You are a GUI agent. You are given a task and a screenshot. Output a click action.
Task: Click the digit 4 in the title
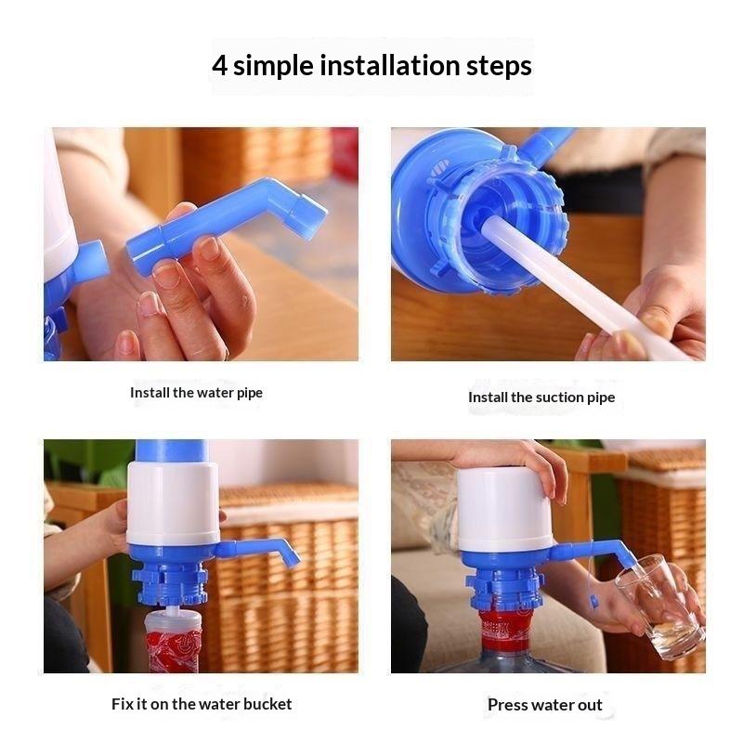219,65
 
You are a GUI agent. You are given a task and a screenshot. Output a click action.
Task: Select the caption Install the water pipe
196,393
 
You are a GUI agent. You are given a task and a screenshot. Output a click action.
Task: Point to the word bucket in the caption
267,704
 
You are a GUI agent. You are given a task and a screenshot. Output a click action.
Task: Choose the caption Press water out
545,705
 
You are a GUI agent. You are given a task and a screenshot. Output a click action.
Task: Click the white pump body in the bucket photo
173,503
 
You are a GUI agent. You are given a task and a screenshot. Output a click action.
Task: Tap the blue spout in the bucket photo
258,552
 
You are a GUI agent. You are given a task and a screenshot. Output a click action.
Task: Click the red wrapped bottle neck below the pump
173,642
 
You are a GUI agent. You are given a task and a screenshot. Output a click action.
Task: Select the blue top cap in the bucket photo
172,451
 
